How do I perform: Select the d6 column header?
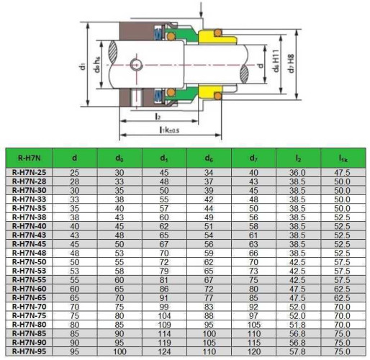click(209, 156)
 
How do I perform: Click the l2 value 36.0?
click(298, 173)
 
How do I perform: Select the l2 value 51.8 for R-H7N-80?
click(298, 324)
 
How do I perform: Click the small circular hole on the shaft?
click(137, 65)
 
